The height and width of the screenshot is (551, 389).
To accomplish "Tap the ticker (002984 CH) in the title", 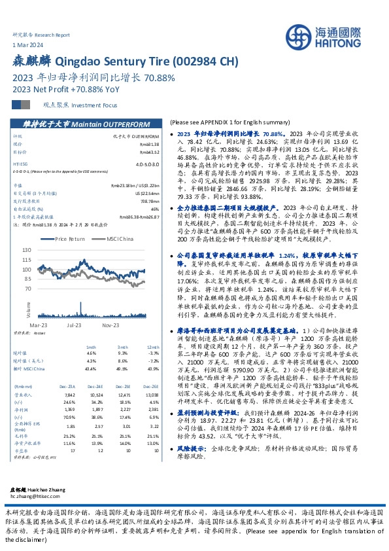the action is [x=203, y=62].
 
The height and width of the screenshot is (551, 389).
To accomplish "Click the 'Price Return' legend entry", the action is [x=68, y=240].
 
